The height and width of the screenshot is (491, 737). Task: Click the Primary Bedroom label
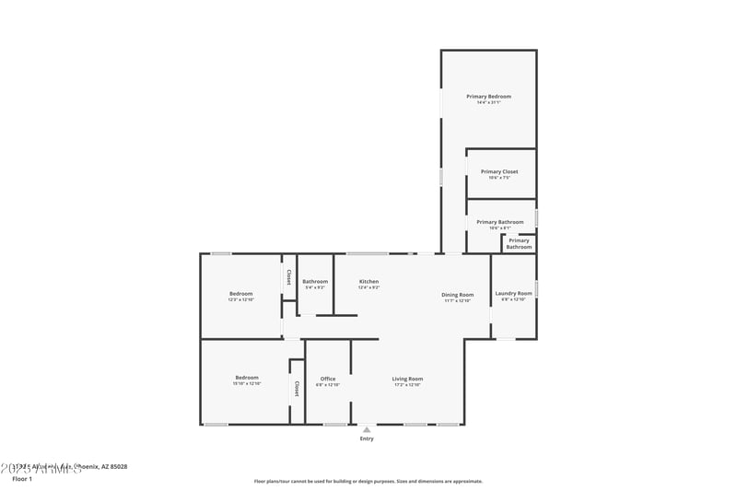click(488, 96)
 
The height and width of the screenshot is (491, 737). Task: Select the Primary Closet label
click(499, 171)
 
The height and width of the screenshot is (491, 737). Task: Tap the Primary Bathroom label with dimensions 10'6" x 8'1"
click(499, 222)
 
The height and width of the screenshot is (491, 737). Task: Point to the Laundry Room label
click(513, 293)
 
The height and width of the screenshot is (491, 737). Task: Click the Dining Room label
click(458, 295)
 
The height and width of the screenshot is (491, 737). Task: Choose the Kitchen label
click(368, 281)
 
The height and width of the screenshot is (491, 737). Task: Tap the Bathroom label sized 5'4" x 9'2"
click(315, 281)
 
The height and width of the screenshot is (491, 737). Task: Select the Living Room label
click(407, 379)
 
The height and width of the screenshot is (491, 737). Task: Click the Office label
click(328, 379)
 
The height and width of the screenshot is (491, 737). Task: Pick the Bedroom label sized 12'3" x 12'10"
click(240, 293)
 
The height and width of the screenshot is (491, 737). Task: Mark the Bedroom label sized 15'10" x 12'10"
click(246, 377)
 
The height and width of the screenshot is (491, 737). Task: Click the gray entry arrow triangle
click(367, 429)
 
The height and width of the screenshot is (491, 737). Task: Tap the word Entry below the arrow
click(367, 438)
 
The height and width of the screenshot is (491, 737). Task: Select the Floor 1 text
click(22, 479)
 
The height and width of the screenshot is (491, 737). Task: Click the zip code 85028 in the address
click(118, 467)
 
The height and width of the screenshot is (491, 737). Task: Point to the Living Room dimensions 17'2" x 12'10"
click(407, 385)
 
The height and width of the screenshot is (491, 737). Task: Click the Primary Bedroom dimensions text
click(488, 102)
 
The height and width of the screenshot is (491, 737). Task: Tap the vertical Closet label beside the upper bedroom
click(288, 276)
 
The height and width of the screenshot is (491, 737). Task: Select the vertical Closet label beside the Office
click(297, 389)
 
